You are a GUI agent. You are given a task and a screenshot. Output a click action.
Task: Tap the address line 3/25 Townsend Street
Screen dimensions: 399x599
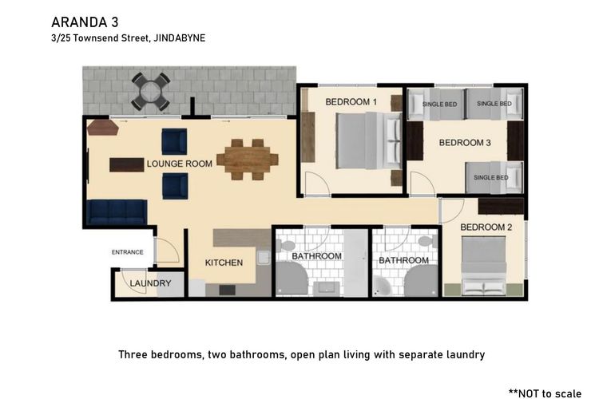[128, 38]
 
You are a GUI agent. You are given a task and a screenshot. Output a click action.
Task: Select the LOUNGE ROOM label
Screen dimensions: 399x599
[179, 164]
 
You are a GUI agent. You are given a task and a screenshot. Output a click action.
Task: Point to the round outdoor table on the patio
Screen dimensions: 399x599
[150, 90]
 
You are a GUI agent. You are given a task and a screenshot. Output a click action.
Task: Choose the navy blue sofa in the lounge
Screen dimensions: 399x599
[117, 211]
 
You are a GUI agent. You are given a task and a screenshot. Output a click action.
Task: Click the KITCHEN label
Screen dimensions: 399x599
[224, 263]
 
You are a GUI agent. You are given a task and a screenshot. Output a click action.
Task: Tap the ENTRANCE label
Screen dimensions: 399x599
[127, 252]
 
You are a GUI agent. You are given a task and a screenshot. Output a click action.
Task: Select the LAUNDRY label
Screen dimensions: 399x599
[150, 283]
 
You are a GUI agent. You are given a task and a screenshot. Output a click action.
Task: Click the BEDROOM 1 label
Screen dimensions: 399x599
[351, 101]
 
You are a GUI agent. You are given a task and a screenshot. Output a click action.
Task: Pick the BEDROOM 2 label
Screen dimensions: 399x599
[486, 227]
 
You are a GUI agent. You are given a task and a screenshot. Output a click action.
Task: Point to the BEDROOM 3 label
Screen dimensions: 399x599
[464, 143]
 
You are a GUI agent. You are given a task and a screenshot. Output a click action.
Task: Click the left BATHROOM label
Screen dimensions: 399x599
[316, 256]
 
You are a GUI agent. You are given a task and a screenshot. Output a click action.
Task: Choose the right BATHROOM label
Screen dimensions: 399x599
[403, 260]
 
